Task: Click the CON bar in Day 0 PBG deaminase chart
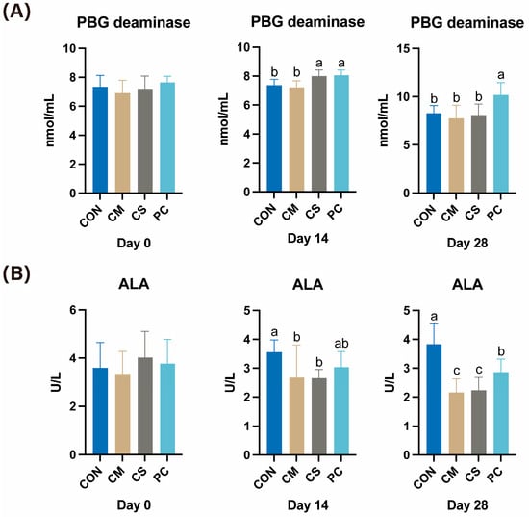pyautogui.click(x=100, y=140)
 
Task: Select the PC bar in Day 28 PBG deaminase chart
pyautogui.click(x=501, y=144)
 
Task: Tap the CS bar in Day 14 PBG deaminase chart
pyautogui.click(x=318, y=134)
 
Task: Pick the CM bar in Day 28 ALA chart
pyautogui.click(x=456, y=424)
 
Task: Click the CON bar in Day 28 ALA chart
pyautogui.click(x=434, y=400)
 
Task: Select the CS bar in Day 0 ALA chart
pyautogui.click(x=144, y=406)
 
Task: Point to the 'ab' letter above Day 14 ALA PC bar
pyautogui.click(x=341, y=344)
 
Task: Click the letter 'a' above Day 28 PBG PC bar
pyautogui.click(x=501, y=75)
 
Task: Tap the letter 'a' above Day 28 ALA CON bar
pyautogui.click(x=434, y=317)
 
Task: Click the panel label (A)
pyautogui.click(x=16, y=13)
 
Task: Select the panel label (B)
pyautogui.click(x=16, y=273)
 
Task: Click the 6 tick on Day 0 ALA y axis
pyautogui.click(x=73, y=310)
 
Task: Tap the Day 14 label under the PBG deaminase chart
pyautogui.click(x=308, y=239)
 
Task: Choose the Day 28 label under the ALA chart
pyautogui.click(x=467, y=505)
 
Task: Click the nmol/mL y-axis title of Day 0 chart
pyautogui.click(x=50, y=120)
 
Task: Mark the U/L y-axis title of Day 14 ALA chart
pyautogui.click(x=230, y=382)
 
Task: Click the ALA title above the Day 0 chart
pyautogui.click(x=134, y=284)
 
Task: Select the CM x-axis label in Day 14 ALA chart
pyautogui.click(x=290, y=474)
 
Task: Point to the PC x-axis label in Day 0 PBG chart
pyautogui.click(x=161, y=213)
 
